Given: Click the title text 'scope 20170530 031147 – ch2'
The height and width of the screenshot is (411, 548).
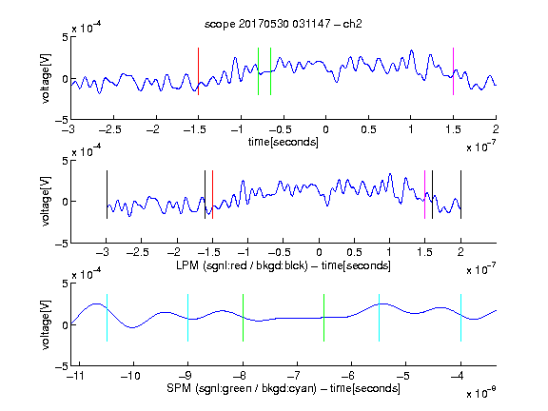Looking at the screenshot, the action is [284, 24].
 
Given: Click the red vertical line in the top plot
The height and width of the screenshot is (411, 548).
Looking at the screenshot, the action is [199, 71].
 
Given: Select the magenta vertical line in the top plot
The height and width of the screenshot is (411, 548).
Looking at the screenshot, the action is [453, 71].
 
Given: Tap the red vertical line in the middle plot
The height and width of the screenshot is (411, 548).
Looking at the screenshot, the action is [212, 195].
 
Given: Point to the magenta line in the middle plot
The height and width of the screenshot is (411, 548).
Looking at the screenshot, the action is [424, 195].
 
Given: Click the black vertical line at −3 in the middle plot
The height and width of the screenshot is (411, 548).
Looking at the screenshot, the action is [107, 195].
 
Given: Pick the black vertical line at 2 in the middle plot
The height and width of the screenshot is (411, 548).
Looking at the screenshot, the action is [461, 195].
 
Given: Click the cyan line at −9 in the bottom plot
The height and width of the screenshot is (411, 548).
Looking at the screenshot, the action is [188, 318].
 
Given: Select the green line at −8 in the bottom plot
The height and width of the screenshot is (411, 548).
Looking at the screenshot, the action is [243, 318].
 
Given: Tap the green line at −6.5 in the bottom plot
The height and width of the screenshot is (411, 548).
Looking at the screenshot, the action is [324, 318].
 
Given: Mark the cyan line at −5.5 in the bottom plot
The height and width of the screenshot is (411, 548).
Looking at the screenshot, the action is [380, 318].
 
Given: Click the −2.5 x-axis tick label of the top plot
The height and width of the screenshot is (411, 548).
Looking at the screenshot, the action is [110, 129].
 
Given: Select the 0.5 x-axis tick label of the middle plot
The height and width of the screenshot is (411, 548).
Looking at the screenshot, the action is [354, 252].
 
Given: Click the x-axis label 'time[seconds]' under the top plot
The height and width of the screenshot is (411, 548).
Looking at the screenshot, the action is [284, 143].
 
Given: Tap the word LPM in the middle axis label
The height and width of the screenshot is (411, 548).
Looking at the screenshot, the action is [187, 265].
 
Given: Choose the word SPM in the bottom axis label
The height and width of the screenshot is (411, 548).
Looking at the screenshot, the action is [179, 388].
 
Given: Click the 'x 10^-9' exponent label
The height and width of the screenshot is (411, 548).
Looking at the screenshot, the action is [481, 393].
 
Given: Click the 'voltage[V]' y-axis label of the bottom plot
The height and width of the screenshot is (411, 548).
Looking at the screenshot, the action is [46, 324].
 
